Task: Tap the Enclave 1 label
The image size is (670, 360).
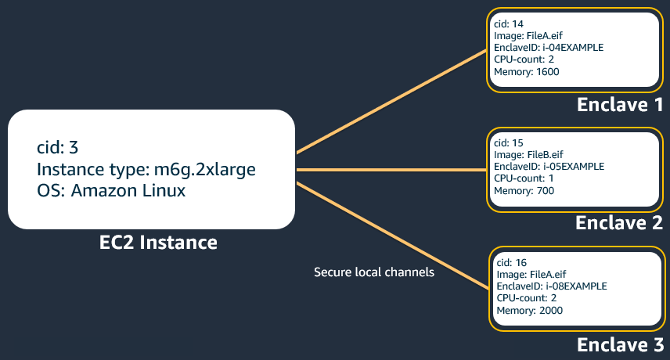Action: [619, 104]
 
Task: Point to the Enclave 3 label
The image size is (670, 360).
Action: [619, 344]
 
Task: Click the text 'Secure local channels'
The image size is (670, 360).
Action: [373, 272]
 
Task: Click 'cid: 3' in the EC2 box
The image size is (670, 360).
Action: [58, 147]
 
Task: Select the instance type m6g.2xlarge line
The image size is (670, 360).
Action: [146, 169]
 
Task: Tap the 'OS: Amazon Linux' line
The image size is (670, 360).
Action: [111, 190]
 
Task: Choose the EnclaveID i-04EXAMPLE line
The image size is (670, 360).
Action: [549, 48]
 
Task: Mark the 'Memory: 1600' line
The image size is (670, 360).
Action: [527, 72]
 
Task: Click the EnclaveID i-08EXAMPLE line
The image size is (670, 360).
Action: [552, 286]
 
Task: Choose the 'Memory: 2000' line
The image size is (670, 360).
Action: [530, 311]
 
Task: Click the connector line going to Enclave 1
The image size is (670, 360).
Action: [391, 102]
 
